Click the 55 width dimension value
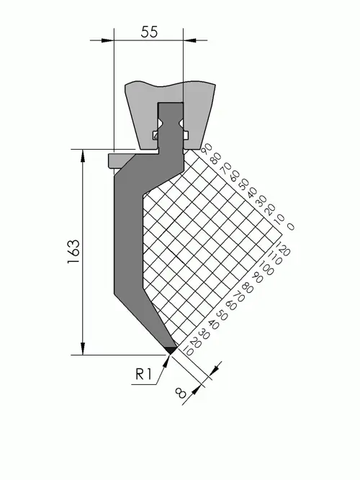coord(149,32)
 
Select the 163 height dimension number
coord(73,252)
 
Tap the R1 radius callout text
coord(144,373)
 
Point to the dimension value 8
coord(181,392)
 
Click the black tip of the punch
coord(171,350)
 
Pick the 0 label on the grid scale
coord(290,227)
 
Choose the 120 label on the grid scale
coord(282,249)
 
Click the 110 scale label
coord(274,258)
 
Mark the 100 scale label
coord(266,268)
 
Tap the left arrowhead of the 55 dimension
coord(107,40)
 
